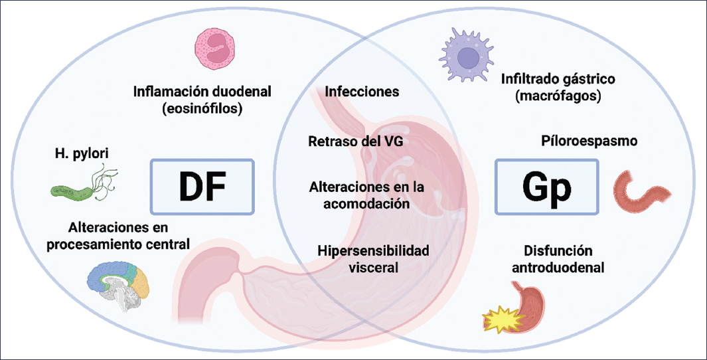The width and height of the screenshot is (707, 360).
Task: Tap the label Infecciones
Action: tap(362, 92)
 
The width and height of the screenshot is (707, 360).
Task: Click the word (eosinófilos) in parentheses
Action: tap(202, 109)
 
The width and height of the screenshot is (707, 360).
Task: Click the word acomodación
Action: tap(366, 204)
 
